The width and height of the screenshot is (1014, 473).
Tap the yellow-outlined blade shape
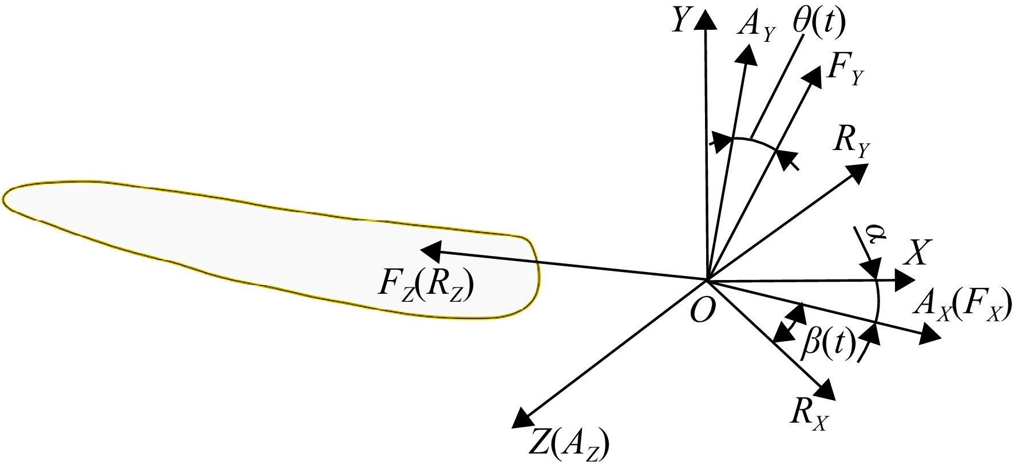tap(269, 246)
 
